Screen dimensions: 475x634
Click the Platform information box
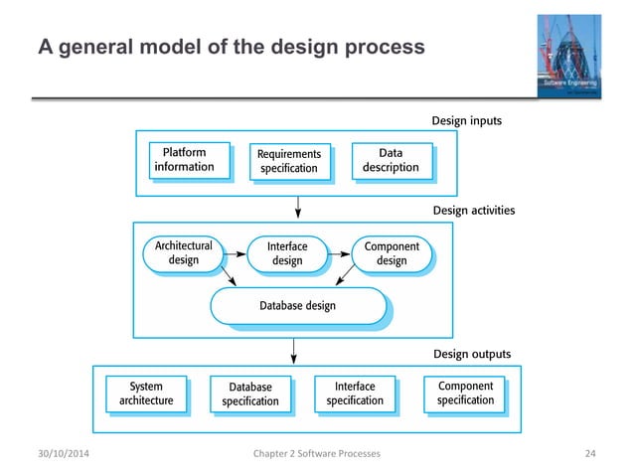[184, 160]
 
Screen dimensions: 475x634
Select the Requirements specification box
[288, 161]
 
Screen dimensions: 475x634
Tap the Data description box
[391, 160]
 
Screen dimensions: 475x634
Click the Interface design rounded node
[287, 253]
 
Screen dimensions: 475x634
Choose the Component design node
[392, 253]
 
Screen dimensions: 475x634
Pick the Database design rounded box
[298, 306]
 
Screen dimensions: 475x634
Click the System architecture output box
[147, 394]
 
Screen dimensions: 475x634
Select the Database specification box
[250, 394]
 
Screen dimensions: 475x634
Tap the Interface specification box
[355, 393]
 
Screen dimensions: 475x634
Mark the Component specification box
[465, 393]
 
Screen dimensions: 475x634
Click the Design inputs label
[466, 121]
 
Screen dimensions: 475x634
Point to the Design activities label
[473, 211]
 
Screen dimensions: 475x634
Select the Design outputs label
[472, 354]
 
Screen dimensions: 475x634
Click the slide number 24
[590, 454]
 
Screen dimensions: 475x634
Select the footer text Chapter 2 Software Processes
[316, 454]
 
